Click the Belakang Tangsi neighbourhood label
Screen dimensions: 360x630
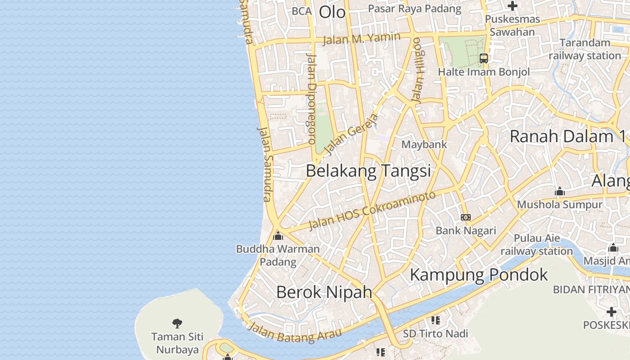click(x=368, y=171)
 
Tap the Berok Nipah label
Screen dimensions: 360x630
click(x=324, y=292)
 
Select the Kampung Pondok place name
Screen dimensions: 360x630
click(x=479, y=274)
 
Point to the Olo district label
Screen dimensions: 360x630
click(x=332, y=12)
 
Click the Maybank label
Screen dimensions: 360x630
click(x=424, y=144)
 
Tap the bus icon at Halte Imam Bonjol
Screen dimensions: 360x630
click(x=484, y=58)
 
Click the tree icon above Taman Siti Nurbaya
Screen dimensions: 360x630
click(x=177, y=323)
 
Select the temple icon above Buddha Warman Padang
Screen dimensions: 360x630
click(x=278, y=235)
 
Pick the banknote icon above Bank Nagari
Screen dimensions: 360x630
click(x=466, y=217)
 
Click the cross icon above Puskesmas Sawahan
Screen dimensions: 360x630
click(x=512, y=6)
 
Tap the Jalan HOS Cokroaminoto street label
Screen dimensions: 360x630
click(x=372, y=210)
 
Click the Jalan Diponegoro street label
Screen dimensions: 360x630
click(x=311, y=99)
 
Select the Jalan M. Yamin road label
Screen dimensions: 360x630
click(x=362, y=39)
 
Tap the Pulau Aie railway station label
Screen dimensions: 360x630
click(x=537, y=244)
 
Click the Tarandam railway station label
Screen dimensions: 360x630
click(x=585, y=49)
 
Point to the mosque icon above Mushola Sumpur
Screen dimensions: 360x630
click(x=560, y=192)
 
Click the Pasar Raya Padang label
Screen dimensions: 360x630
click(x=414, y=9)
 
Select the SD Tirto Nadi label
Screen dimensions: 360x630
click(x=435, y=333)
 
